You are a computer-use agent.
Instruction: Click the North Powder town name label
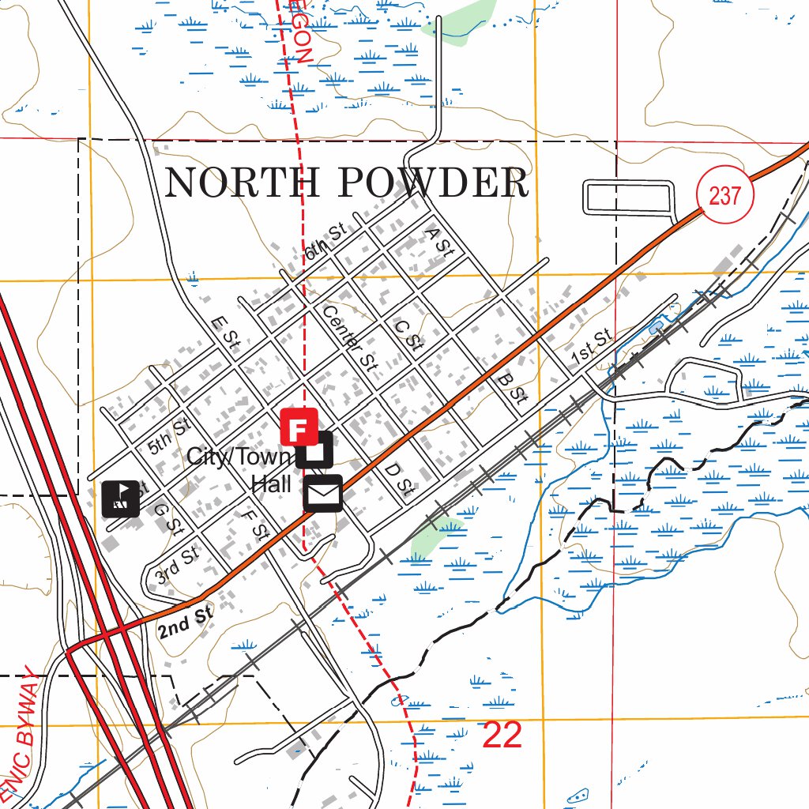coord(346,183)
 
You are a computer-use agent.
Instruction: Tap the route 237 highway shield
coord(724,194)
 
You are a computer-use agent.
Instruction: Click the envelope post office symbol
coord(322,494)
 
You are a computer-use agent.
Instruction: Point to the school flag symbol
coord(121,499)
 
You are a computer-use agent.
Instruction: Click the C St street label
coord(408,335)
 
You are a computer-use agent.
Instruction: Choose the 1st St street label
coord(592,347)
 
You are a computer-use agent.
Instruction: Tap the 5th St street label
coord(170,435)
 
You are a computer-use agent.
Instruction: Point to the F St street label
coord(255,525)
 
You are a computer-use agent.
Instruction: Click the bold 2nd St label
coord(186,622)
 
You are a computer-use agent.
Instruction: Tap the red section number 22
coord(502,735)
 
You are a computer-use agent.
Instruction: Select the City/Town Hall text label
coord(241,469)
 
